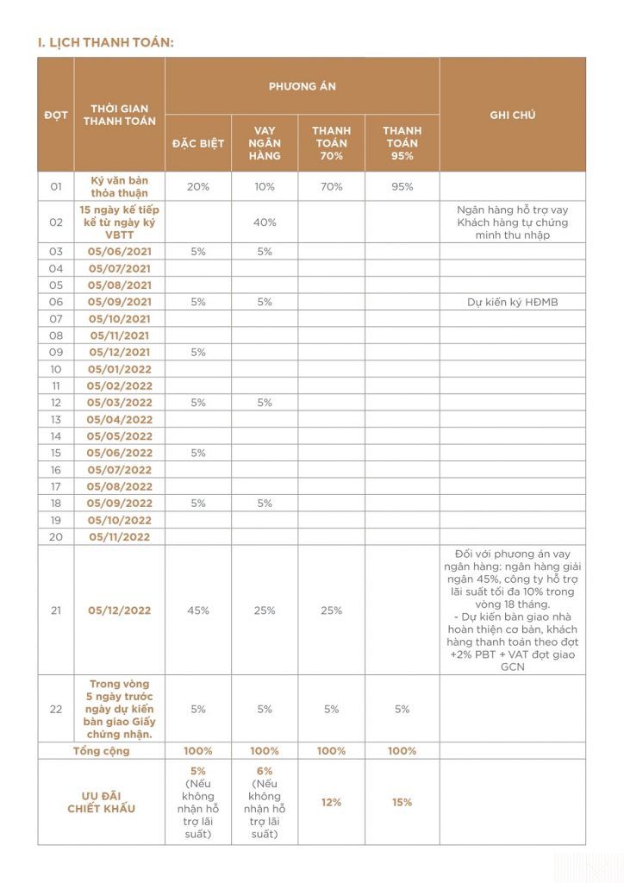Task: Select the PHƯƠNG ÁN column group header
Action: pyautogui.click(x=302, y=86)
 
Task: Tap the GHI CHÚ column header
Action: pyautogui.click(x=512, y=115)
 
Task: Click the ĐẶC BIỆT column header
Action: pyautogui.click(x=197, y=143)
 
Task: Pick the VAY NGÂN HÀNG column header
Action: pyautogui.click(x=265, y=143)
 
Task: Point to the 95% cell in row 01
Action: pyautogui.click(x=402, y=186)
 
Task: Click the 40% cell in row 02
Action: pyautogui.click(x=265, y=222)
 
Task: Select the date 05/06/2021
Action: pyautogui.click(x=119, y=252)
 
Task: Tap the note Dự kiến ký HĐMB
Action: pyautogui.click(x=512, y=302)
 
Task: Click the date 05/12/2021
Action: pyautogui.click(x=119, y=352)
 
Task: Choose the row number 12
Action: pyautogui.click(x=56, y=403)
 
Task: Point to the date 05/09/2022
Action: pyautogui.click(x=119, y=503)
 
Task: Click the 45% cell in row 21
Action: pyautogui.click(x=197, y=611)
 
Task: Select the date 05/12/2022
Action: pyautogui.click(x=119, y=611)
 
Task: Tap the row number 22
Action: pyautogui.click(x=56, y=709)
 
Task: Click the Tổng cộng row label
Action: pyautogui.click(x=102, y=751)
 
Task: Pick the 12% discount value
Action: pyautogui.click(x=331, y=802)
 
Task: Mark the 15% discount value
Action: pyautogui.click(x=402, y=802)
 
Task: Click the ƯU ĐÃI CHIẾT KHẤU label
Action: pyautogui.click(x=102, y=802)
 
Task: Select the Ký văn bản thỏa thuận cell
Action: pyautogui.click(x=119, y=186)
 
